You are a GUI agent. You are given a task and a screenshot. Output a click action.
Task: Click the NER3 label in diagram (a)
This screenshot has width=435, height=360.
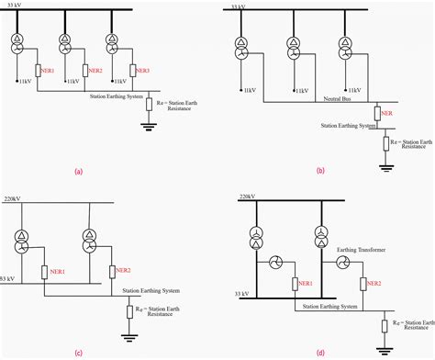(x=142, y=70)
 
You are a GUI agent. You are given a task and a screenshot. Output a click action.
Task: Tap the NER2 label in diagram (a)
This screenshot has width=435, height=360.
(x=94, y=70)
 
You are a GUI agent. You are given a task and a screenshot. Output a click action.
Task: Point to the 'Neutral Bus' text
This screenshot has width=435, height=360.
(x=340, y=97)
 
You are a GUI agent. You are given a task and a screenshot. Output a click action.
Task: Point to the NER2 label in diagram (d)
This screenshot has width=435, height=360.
(x=375, y=285)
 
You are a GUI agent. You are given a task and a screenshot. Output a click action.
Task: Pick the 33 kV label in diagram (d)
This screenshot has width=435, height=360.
(x=241, y=295)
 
